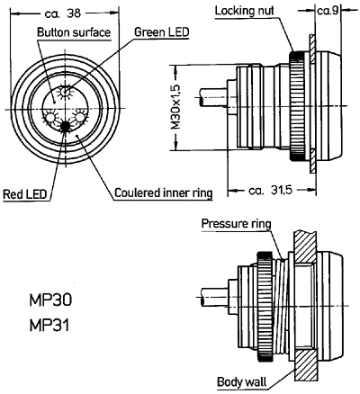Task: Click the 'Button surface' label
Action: pyautogui.click(x=74, y=32)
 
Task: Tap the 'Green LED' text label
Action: pyautogui.click(x=162, y=31)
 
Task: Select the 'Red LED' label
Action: pyautogui.click(x=25, y=194)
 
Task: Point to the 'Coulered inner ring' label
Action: pyautogui.click(x=164, y=193)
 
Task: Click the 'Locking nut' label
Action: pyautogui.click(x=245, y=11)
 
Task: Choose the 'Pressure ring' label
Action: pyautogui.click(x=236, y=224)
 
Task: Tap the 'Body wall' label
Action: pyautogui.click(x=241, y=382)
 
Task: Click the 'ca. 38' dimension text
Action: pyautogui.click(x=63, y=13)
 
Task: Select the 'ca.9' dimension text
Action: pyautogui.click(x=328, y=11)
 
